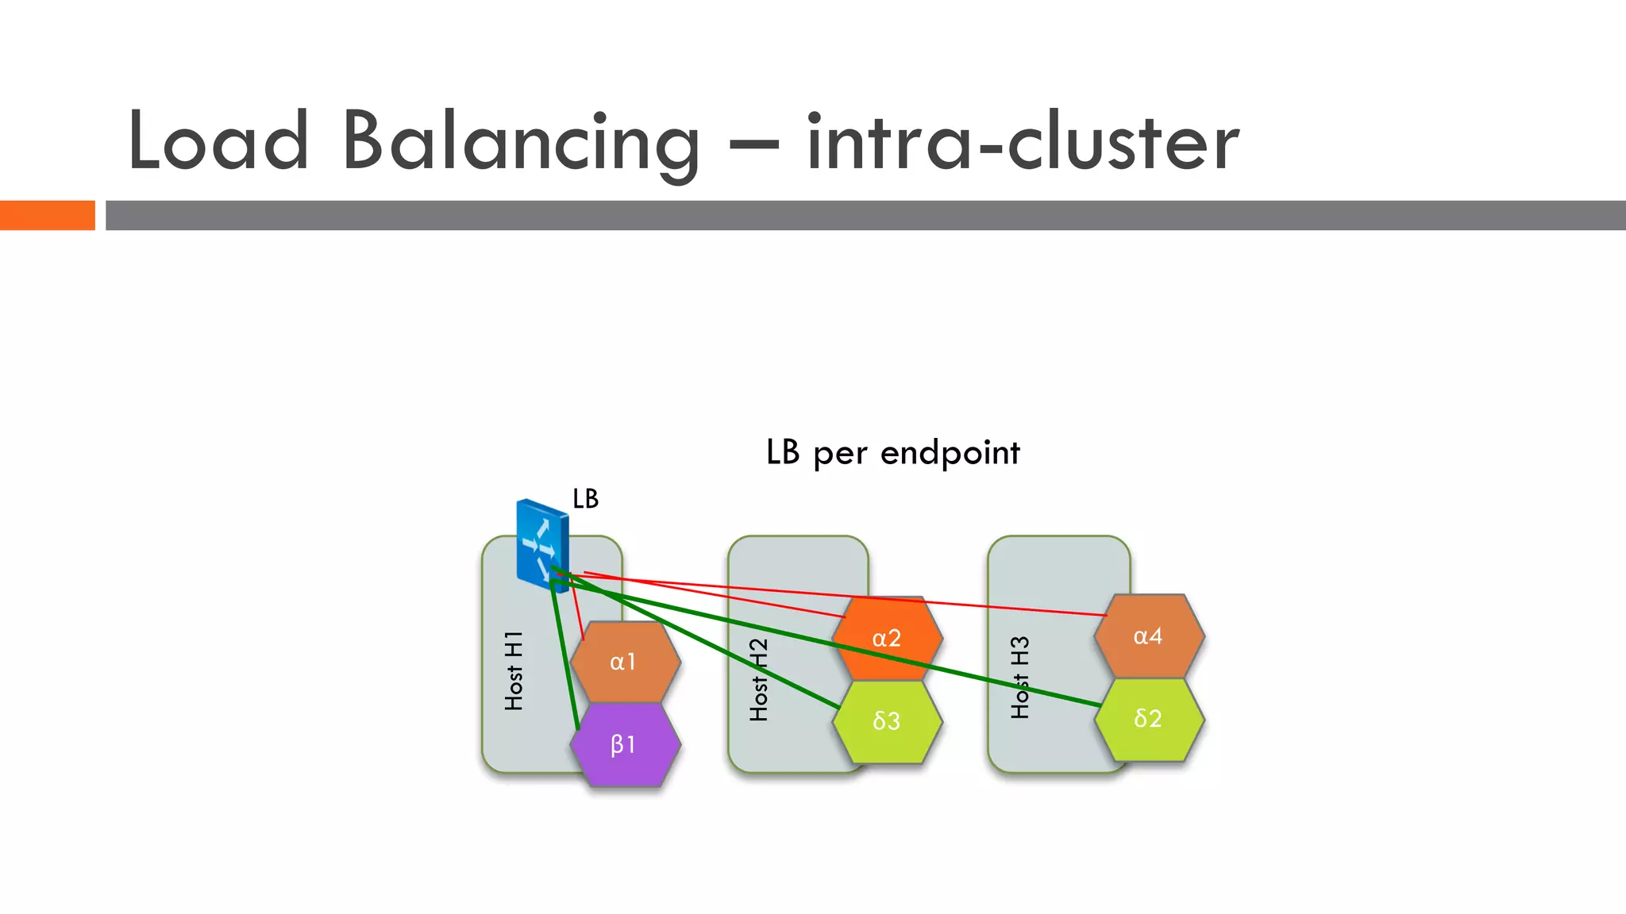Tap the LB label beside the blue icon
[x=585, y=498]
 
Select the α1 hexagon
[x=625, y=662]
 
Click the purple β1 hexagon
[x=625, y=744]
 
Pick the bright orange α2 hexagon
[x=887, y=638]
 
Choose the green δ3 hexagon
[x=887, y=720]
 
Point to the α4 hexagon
[x=1148, y=636]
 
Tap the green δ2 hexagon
[x=1148, y=718]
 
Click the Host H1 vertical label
[x=514, y=671]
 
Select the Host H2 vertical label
[x=759, y=679]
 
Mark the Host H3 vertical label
[x=1020, y=678]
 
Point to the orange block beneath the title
[x=47, y=215]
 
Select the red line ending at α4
[x=992, y=606]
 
